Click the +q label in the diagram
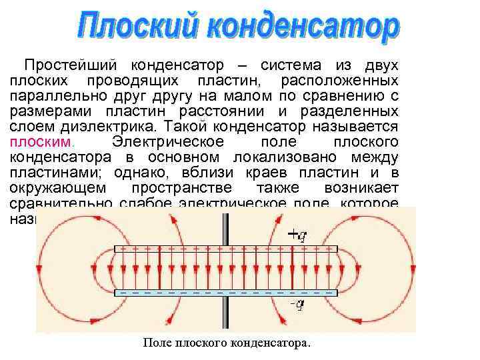297,235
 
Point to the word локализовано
286,157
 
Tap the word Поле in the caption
157,343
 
